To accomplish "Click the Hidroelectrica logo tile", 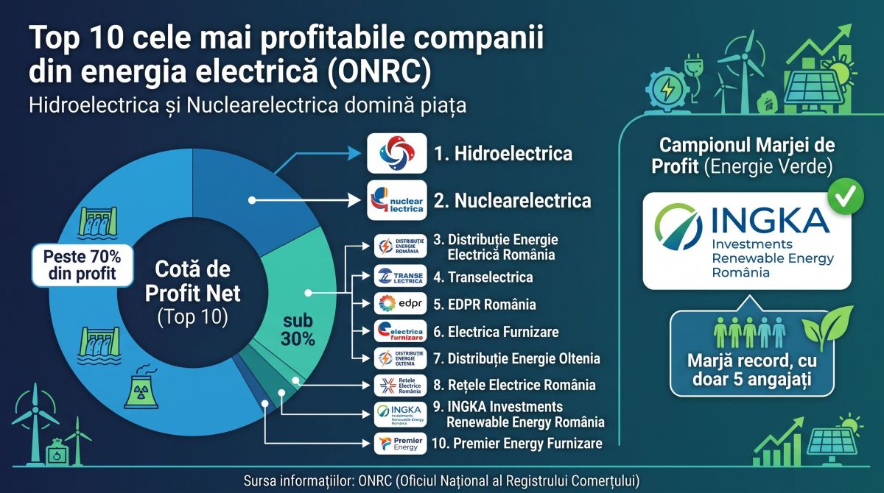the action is click(x=397, y=153).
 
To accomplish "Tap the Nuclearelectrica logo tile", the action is click(x=397, y=201).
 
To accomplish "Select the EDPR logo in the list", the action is click(x=401, y=303).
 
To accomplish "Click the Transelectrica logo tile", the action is click(x=401, y=276).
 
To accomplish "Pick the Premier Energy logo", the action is click(x=401, y=444).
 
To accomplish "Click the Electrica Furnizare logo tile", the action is click(x=401, y=331).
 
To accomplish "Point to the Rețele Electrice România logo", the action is click(x=401, y=386).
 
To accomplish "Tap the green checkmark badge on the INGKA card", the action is click(x=846, y=196).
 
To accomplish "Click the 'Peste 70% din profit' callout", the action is click(x=83, y=265).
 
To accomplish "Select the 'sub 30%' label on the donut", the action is click(x=298, y=330).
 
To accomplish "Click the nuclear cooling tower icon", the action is click(x=141, y=387).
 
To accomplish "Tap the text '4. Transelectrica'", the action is click(x=483, y=277).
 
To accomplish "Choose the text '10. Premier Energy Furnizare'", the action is click(x=517, y=444).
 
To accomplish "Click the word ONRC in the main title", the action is click(x=379, y=71).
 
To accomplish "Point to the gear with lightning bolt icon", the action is click(x=667, y=90).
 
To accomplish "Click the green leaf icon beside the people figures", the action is click(x=827, y=328).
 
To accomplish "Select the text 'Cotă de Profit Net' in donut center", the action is click(x=192, y=281).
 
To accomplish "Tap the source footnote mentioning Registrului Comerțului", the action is click(x=441, y=481).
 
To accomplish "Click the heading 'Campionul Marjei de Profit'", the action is click(x=743, y=156).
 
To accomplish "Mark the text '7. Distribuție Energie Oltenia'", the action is click(x=516, y=358).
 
